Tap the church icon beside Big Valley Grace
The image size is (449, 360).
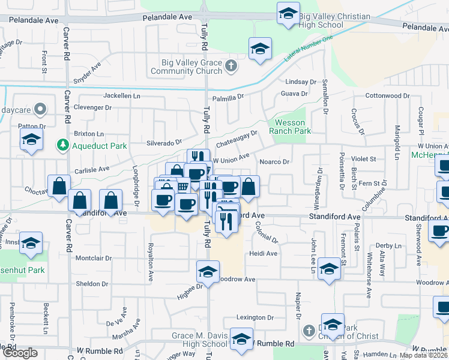(232, 67)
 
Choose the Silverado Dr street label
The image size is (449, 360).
(164, 143)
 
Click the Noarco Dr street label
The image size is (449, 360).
(274, 162)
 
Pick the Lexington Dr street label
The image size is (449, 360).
(255, 317)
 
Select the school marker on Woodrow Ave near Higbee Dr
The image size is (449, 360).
(208, 272)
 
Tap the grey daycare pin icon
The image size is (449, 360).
(40, 109)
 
